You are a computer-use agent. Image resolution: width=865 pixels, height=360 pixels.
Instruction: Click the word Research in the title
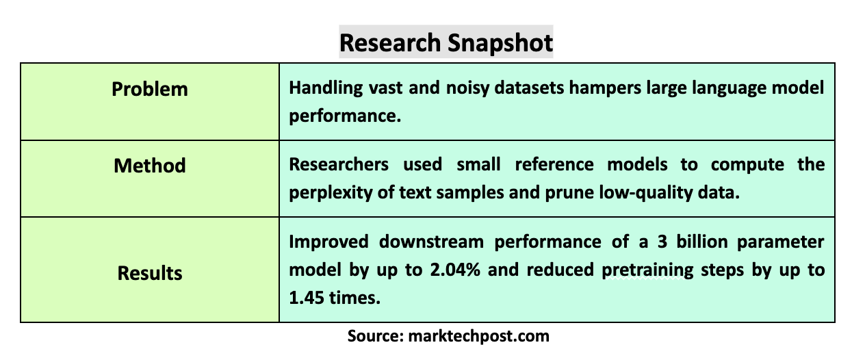click(x=390, y=42)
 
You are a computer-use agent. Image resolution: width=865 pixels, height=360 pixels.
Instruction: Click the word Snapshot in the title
click(x=500, y=42)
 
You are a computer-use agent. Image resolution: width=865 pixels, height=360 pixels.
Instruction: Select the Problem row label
click(x=150, y=90)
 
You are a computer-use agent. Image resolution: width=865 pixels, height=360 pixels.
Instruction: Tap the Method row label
click(x=150, y=166)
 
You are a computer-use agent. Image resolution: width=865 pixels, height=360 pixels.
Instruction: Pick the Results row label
click(x=150, y=273)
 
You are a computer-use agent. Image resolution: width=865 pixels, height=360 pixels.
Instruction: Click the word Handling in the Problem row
click(x=326, y=88)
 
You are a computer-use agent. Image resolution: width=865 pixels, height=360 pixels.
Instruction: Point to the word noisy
click(x=467, y=88)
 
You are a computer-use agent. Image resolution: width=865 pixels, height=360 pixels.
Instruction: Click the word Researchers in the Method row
click(x=339, y=165)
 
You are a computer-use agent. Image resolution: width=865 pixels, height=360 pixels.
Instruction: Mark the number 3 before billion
click(x=662, y=242)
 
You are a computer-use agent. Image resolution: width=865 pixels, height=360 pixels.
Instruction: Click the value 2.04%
click(x=455, y=270)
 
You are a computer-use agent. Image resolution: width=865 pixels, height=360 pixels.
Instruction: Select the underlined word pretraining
click(x=647, y=270)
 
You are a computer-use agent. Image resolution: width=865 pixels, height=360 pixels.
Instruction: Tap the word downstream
click(x=431, y=242)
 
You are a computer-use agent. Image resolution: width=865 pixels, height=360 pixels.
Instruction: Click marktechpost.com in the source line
click(x=479, y=336)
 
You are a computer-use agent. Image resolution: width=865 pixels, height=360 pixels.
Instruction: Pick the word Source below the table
click(x=376, y=335)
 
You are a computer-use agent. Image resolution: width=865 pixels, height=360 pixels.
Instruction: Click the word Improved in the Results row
click(x=329, y=242)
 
